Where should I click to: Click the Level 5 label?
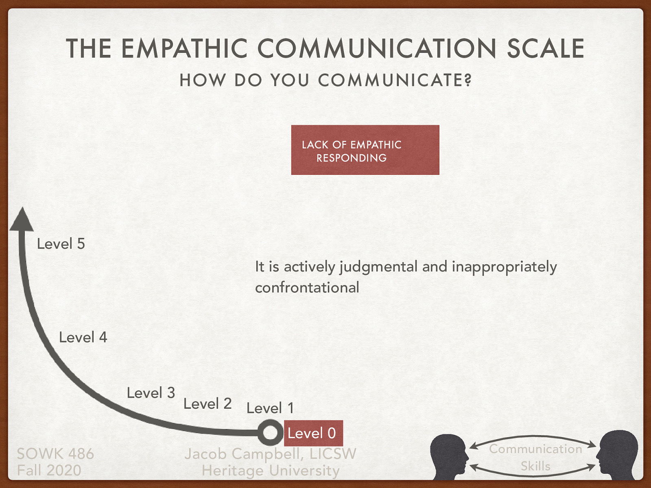61,244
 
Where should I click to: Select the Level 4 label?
83,337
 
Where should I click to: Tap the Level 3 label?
151,393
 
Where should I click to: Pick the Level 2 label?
208,404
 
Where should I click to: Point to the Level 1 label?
270,408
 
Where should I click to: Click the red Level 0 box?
313,433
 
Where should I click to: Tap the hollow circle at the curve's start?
270,433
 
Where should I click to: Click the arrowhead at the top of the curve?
22,220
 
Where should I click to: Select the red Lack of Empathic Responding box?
365,150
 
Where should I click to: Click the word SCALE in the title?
545,49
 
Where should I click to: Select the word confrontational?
307,288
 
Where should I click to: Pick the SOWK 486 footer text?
55,453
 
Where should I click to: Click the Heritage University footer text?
271,471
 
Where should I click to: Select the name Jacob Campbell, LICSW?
271,453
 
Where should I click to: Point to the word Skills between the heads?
535,466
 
